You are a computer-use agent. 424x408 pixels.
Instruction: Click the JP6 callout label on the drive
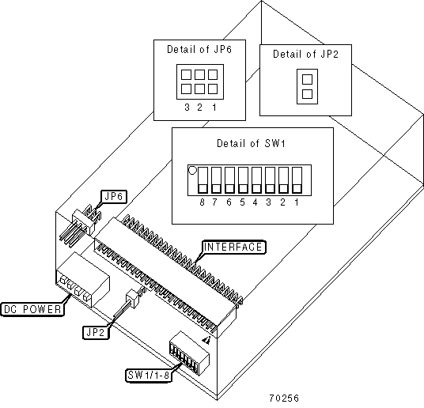(x=114, y=197)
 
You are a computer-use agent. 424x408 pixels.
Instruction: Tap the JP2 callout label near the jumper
(x=96, y=332)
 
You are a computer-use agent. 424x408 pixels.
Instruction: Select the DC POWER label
(x=32, y=309)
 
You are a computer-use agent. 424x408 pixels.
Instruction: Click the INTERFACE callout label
(x=234, y=247)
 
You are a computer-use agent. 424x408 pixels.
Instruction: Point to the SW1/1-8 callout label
(x=149, y=375)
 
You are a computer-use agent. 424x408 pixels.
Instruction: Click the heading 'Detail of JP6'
(x=199, y=50)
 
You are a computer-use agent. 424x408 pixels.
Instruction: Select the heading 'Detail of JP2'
(x=305, y=54)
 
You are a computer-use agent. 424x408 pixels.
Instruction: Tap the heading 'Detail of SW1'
(x=252, y=143)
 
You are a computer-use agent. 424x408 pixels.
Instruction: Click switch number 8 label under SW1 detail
(x=202, y=202)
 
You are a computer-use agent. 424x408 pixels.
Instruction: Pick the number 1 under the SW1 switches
(x=297, y=202)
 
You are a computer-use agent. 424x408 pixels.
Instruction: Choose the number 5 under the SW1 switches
(x=242, y=202)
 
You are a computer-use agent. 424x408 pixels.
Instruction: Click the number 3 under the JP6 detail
(x=187, y=108)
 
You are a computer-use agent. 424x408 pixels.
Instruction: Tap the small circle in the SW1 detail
(x=192, y=170)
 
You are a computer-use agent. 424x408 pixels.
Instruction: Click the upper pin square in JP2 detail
(x=307, y=80)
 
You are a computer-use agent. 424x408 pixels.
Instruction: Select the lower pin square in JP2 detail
(x=307, y=94)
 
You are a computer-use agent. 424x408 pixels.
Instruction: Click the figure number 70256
(x=284, y=399)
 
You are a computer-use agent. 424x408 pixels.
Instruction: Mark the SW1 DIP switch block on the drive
(x=189, y=353)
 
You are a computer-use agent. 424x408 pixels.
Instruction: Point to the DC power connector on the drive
(x=82, y=281)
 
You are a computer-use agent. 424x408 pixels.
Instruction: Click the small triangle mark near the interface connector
(x=206, y=341)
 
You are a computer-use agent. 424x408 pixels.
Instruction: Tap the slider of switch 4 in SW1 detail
(x=256, y=189)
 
